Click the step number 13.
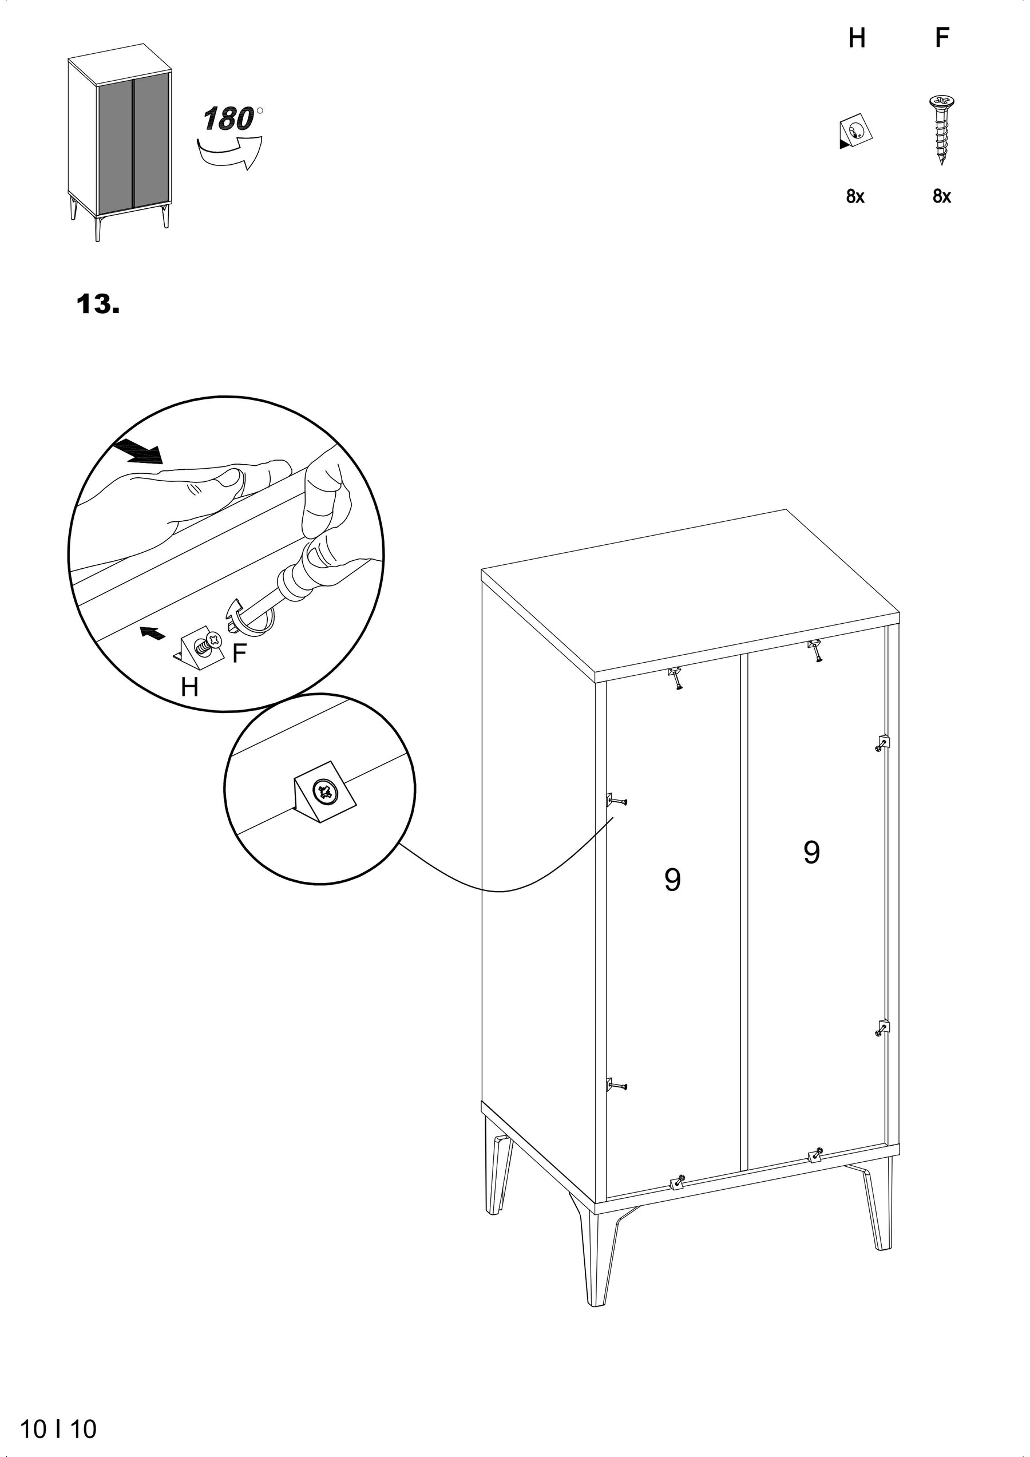click(x=98, y=304)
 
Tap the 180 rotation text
click(x=228, y=119)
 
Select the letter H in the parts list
click(x=857, y=39)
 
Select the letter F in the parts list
click(x=942, y=38)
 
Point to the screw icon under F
click(x=942, y=130)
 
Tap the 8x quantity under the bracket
click(x=855, y=197)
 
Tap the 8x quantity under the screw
click(x=942, y=197)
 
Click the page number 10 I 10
click(x=58, y=1424)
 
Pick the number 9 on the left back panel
click(x=673, y=880)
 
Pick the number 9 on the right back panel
click(x=811, y=852)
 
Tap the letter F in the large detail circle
click(x=239, y=654)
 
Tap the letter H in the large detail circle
click(x=189, y=687)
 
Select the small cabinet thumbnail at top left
click(x=120, y=142)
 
